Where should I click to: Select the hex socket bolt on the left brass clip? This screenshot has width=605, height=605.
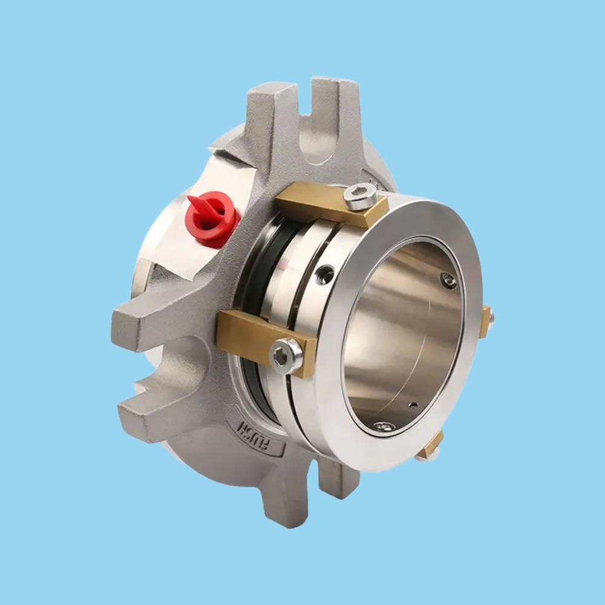285,355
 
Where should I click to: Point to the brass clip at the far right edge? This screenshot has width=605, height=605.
485,321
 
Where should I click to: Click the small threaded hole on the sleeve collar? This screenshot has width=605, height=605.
325,274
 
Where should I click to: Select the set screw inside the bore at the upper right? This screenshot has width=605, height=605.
448,280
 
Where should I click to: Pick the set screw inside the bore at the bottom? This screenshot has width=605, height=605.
383,427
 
